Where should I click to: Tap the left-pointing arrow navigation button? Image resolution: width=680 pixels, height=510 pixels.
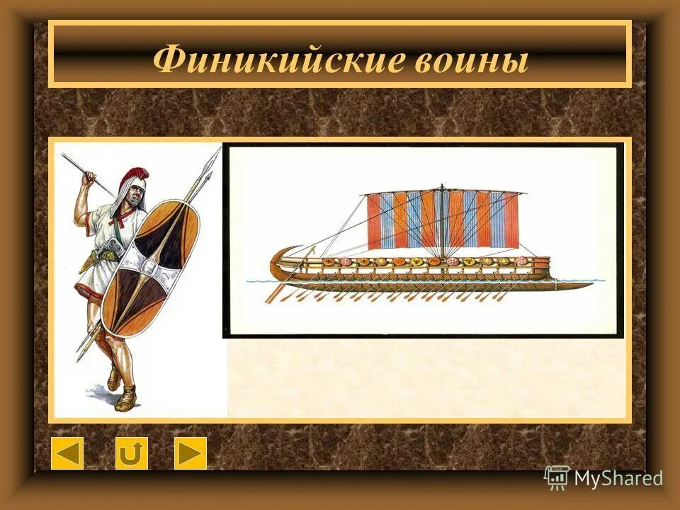click(67, 453)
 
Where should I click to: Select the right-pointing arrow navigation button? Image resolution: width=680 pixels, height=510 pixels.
click(191, 453)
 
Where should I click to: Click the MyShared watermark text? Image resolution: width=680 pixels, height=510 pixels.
click(618, 478)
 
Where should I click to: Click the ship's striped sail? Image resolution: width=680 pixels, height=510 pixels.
click(443, 220)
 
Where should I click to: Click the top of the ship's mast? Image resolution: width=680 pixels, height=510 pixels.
click(442, 188)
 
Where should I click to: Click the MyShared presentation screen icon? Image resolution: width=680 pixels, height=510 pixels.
click(557, 478)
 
